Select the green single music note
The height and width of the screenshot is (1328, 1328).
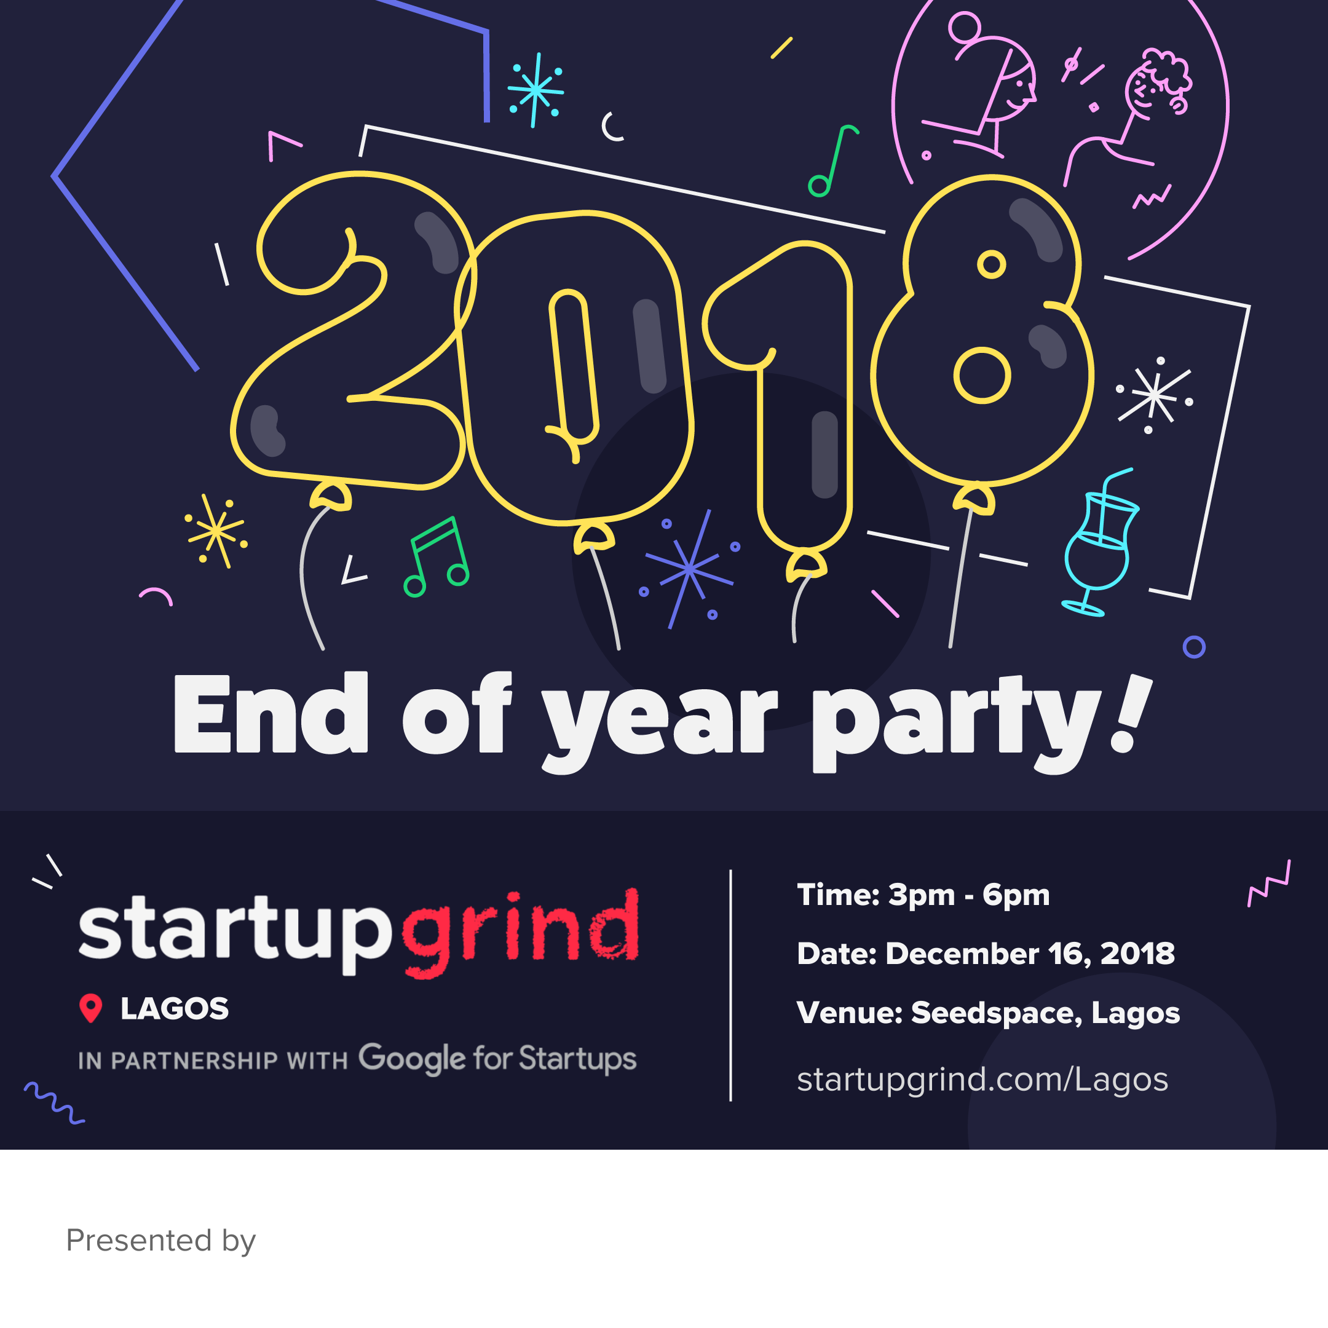click(832, 161)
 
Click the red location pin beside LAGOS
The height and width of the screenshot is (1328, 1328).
click(91, 1008)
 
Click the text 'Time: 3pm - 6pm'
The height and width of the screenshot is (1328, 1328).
click(923, 895)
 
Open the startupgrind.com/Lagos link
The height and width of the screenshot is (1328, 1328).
click(982, 1078)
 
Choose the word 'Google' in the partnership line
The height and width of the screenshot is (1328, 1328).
click(412, 1059)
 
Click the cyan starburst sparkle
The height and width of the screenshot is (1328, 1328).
click(535, 90)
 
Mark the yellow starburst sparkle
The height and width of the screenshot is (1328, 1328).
click(216, 531)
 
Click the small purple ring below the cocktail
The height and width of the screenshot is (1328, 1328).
click(1194, 647)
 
